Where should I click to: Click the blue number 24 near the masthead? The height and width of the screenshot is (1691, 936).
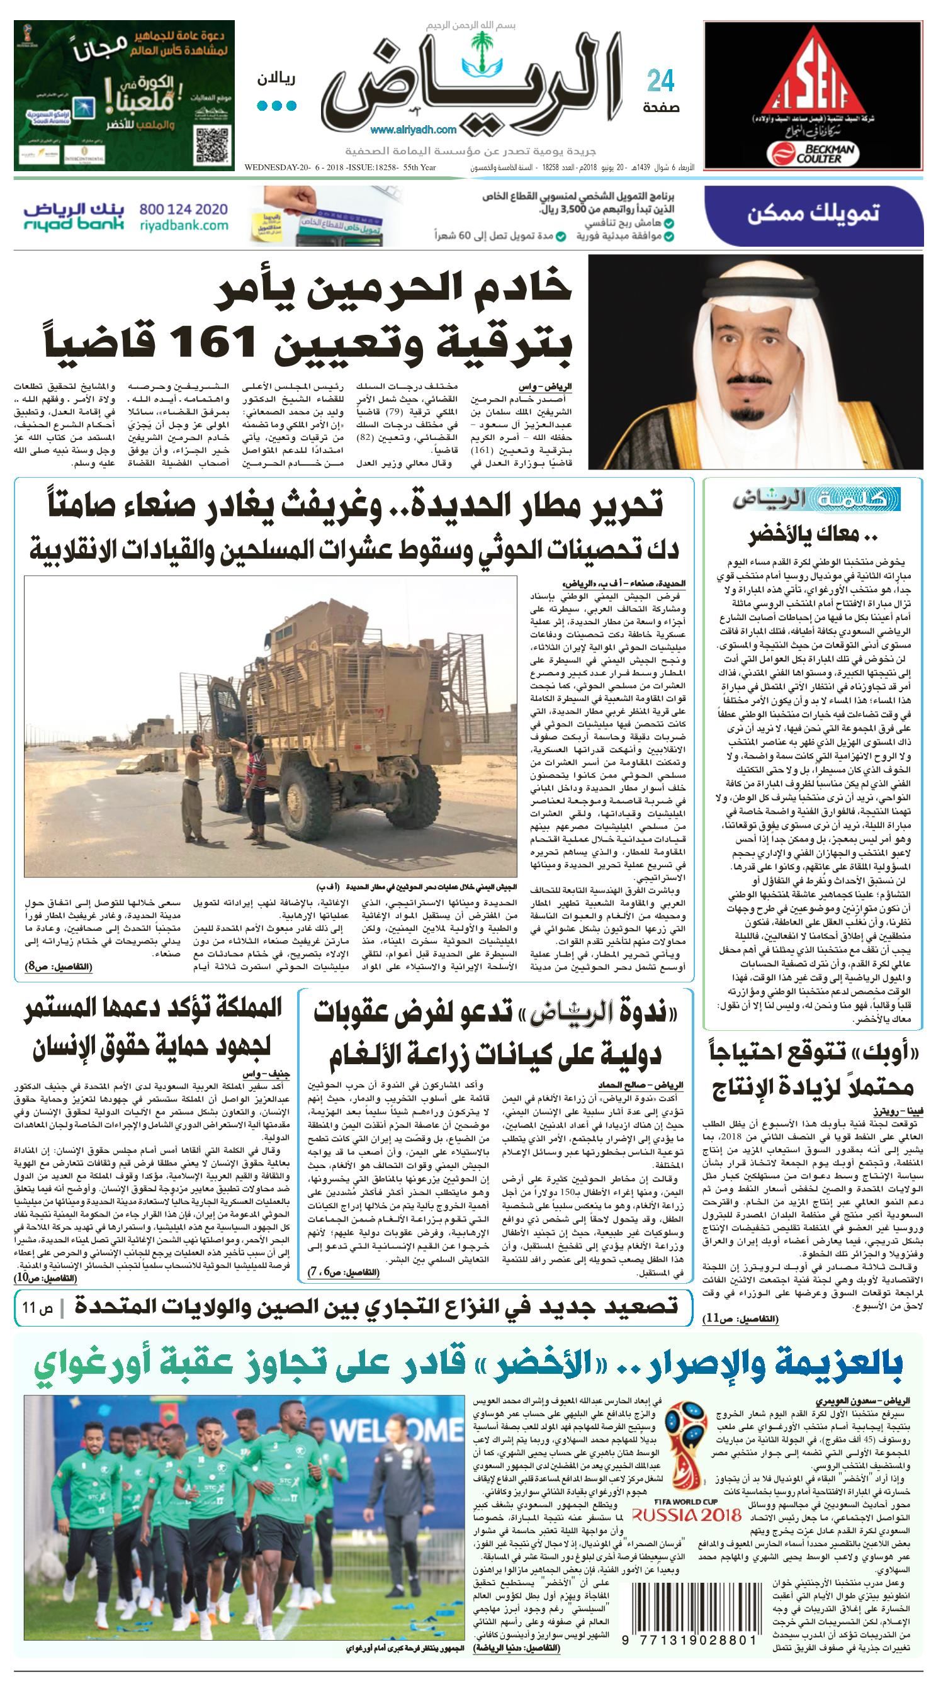[661, 82]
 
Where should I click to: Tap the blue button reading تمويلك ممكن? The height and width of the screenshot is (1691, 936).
[813, 213]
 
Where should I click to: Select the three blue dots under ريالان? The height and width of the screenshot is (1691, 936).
[276, 106]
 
